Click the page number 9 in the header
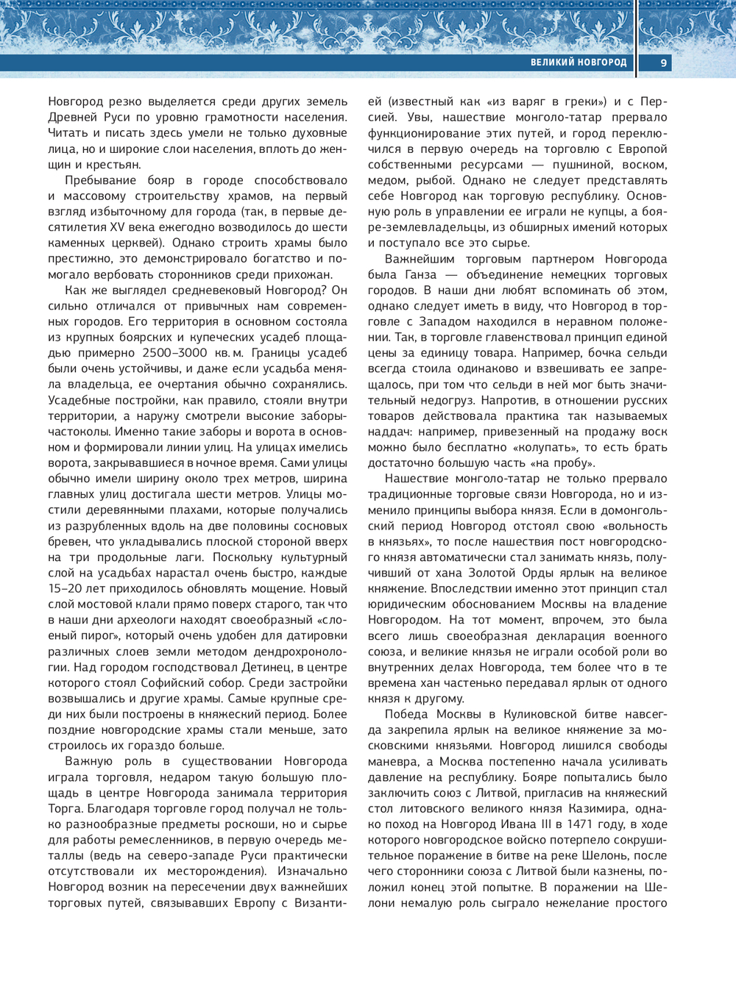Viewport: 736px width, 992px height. pyautogui.click(x=663, y=63)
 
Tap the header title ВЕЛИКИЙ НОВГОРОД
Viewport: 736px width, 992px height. pyautogui.click(x=578, y=63)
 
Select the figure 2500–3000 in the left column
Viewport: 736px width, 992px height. pyautogui.click(x=175, y=353)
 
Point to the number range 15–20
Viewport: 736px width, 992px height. pyautogui.click(x=66, y=588)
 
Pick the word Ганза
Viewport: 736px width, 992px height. pyautogui.click(x=421, y=274)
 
